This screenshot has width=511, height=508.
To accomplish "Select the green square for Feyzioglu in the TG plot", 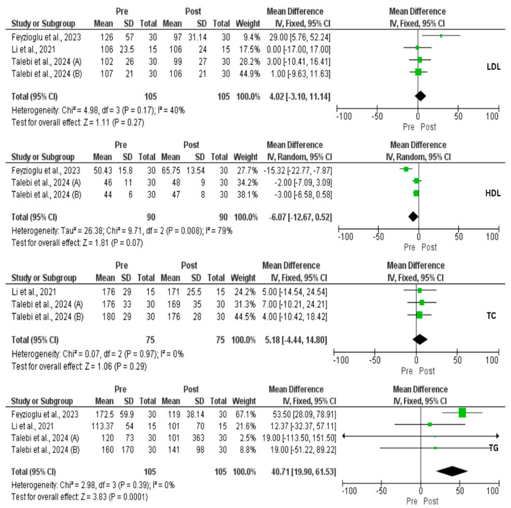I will click(x=462, y=413).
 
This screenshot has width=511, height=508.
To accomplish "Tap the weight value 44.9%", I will click(x=249, y=74).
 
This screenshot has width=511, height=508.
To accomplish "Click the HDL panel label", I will click(x=493, y=193).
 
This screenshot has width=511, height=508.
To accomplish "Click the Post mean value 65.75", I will click(x=171, y=170).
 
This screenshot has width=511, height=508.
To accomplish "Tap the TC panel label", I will click(x=491, y=316).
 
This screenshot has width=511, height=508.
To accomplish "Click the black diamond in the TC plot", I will click(x=420, y=339).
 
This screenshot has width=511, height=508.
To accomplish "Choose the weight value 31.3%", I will click(x=245, y=304).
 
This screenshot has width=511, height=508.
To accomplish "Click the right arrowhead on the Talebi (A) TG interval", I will click(x=498, y=436).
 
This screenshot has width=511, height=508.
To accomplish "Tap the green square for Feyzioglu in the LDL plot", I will click(x=441, y=36).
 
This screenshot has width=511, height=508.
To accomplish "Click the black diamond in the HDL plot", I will click(x=413, y=217).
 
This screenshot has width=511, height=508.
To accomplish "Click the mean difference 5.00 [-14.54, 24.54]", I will click(x=294, y=292).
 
